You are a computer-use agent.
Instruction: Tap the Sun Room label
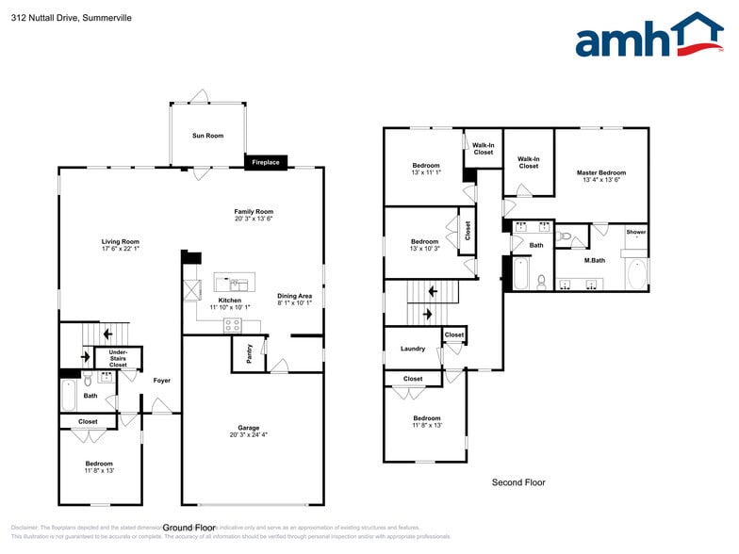(x=207, y=136)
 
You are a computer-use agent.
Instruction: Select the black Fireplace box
(x=265, y=162)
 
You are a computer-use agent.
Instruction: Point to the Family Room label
(x=254, y=215)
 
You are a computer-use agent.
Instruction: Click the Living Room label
(x=121, y=245)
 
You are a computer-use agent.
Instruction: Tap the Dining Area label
(x=294, y=300)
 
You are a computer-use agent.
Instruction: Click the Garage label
(x=248, y=431)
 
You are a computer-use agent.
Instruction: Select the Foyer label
(x=161, y=380)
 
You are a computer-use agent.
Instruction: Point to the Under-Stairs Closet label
(x=118, y=358)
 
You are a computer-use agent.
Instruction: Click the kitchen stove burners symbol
(x=232, y=325)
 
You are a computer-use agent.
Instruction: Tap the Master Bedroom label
(x=600, y=176)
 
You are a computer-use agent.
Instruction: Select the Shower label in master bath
(x=636, y=231)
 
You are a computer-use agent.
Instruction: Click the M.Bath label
(x=594, y=260)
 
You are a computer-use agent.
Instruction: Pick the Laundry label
(x=412, y=349)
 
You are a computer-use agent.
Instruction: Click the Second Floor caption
(x=518, y=482)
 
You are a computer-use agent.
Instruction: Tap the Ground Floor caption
(x=189, y=528)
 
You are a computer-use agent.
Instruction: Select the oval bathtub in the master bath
(x=636, y=274)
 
